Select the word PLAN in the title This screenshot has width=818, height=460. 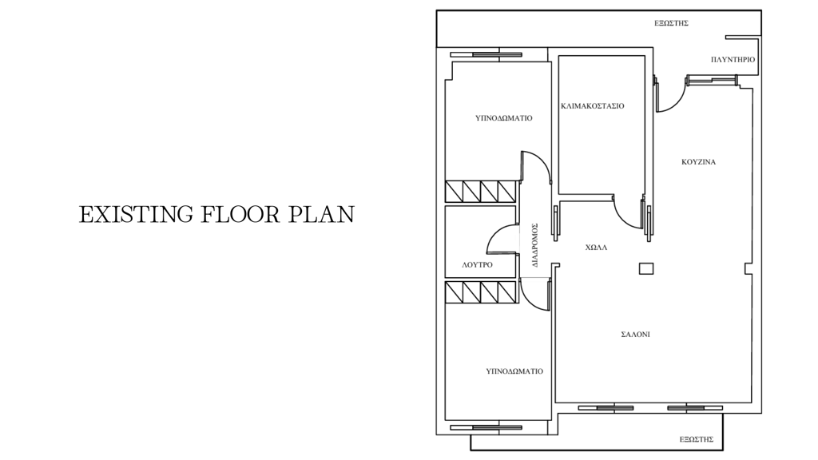322,214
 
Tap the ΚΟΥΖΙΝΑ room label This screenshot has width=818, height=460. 698,162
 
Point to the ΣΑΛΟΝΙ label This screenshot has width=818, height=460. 635,335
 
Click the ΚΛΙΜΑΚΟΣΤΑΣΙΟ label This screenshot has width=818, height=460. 593,106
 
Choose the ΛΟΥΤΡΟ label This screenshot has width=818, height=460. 478,265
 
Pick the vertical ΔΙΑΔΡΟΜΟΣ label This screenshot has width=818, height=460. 535,245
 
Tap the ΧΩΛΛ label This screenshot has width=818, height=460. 596,248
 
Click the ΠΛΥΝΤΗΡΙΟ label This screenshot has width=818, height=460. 733,59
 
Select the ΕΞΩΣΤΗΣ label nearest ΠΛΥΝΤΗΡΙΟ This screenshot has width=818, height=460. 671,23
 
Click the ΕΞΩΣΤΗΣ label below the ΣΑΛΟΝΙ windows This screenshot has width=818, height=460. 697,440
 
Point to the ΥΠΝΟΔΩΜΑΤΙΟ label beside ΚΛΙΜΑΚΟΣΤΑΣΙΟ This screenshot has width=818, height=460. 504,118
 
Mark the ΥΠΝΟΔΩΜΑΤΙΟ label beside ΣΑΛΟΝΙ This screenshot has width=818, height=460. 514,371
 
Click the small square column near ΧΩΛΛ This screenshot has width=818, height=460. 646,268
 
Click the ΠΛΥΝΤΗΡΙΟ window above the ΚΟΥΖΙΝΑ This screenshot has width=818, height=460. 713,79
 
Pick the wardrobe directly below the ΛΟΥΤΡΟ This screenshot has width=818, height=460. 481,292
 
